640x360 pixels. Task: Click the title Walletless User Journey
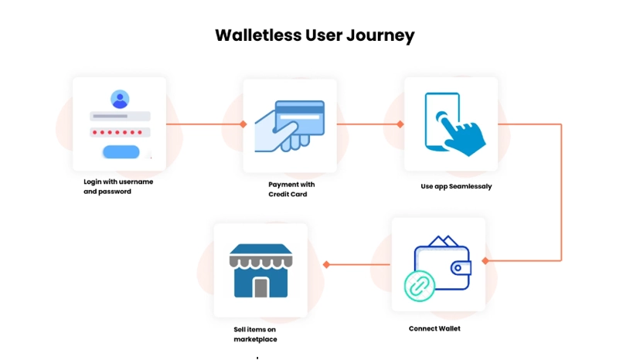315,36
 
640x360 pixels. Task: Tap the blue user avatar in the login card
120,99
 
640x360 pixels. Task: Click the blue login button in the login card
121,151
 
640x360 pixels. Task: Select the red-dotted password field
120,132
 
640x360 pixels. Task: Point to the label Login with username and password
118,186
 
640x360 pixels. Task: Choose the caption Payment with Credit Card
291,189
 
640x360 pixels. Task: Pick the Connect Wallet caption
434,328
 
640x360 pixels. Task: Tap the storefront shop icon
261,270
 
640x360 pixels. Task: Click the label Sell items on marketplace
255,334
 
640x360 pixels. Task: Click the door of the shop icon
260,287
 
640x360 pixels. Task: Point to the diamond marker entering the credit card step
243,124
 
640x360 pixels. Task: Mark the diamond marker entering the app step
400,124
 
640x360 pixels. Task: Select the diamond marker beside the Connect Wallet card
485,261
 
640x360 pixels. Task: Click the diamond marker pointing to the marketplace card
326,264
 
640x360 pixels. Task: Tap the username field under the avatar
120,116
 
